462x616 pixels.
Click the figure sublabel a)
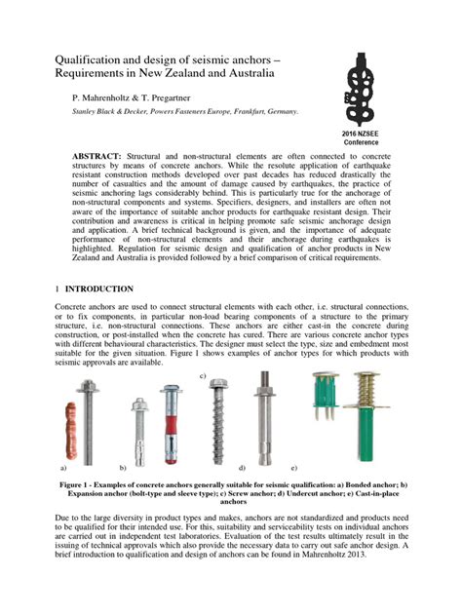[64, 468]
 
